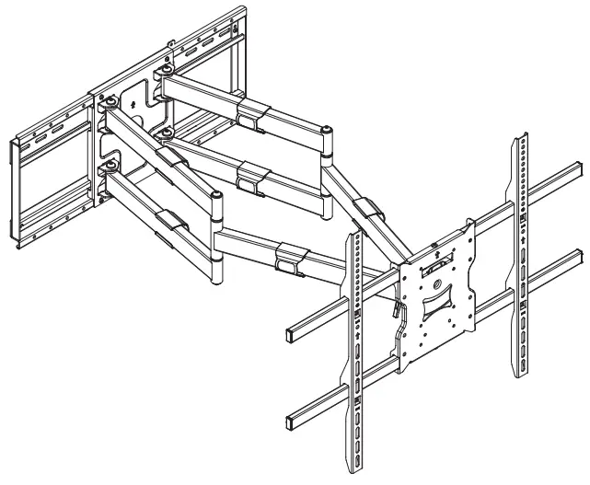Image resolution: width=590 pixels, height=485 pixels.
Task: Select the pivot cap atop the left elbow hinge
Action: click(215, 196)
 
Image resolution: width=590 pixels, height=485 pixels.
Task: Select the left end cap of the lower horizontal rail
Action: click(292, 417)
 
